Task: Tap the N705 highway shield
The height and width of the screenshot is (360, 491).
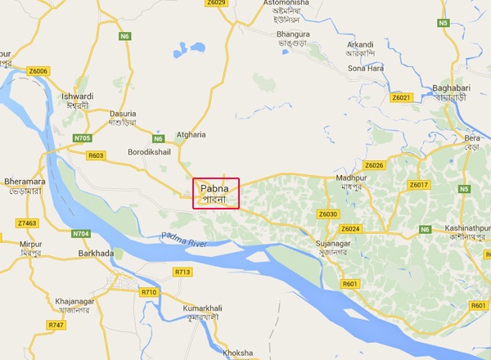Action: [x=83, y=137]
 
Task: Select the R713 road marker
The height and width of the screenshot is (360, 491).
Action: [x=182, y=271]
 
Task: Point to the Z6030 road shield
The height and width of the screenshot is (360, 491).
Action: [x=327, y=214]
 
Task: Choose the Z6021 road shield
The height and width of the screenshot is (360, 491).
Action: [x=401, y=97]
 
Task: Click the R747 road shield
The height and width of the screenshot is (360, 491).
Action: [x=56, y=325]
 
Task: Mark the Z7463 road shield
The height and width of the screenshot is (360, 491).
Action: [x=27, y=223]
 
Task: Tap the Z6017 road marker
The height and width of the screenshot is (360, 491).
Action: [x=418, y=185]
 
